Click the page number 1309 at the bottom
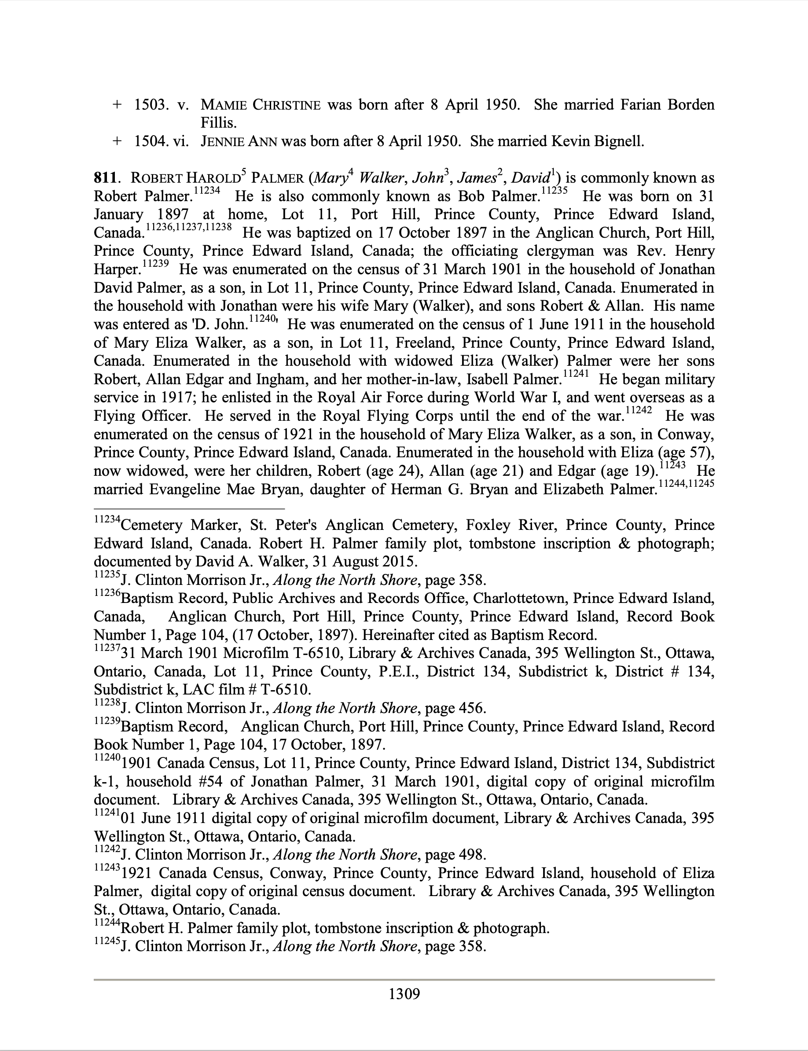click(404, 993)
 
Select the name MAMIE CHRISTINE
click(260, 105)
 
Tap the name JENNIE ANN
click(239, 141)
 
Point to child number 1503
click(150, 105)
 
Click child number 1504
click(150, 141)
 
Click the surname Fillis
click(218, 123)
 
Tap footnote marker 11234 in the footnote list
click(107, 519)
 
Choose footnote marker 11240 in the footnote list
click(107, 757)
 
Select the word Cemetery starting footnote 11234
click(152, 525)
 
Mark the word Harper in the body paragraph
click(116, 269)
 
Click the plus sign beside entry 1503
click(116, 105)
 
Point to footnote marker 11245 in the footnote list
click(107, 941)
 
